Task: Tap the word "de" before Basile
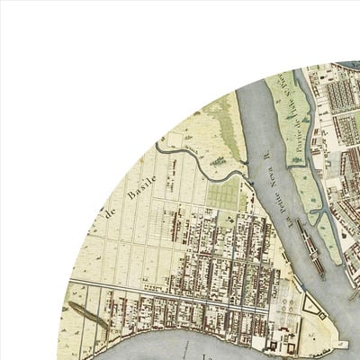112,213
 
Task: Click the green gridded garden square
223,193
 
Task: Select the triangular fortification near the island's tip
311,306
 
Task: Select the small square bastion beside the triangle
297,320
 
